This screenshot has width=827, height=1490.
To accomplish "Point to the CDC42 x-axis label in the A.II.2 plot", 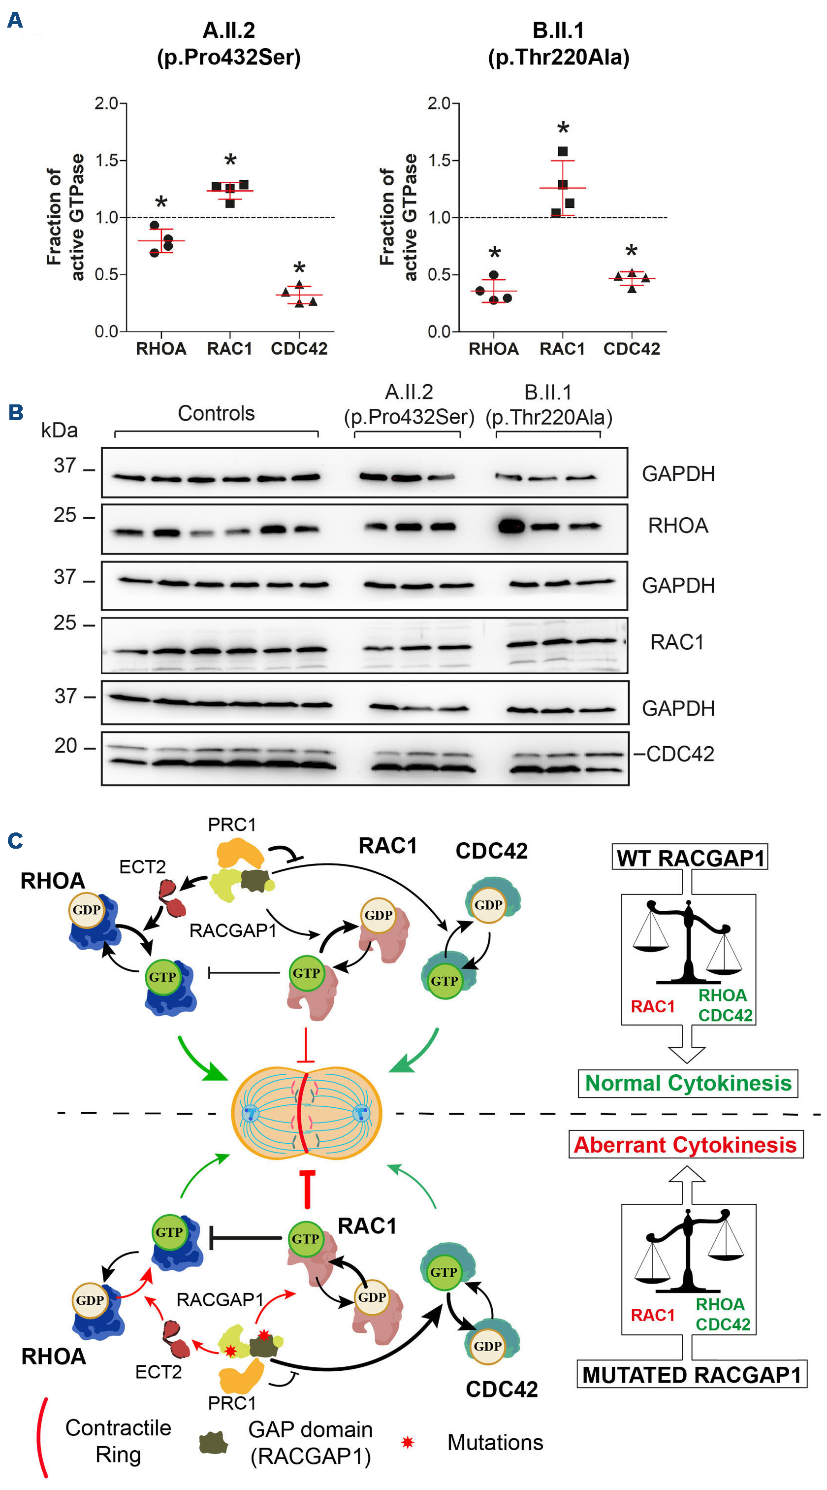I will tap(299, 349).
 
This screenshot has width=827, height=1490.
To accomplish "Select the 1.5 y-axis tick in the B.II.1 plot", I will tap(439, 160).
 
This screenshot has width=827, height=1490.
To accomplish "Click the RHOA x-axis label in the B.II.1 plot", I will tap(494, 349).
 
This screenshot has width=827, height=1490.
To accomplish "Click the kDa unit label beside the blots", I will tap(59, 430).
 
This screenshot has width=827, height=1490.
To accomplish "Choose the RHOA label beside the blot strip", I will tap(678, 525).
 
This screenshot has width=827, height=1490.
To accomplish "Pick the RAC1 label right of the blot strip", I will tap(677, 642).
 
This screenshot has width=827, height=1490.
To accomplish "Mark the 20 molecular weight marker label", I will tap(66, 746).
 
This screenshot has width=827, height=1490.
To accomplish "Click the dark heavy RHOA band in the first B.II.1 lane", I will tap(511, 527).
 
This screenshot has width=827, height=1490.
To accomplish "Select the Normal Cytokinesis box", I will tap(688, 1083).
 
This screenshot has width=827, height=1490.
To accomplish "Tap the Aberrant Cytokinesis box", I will tap(685, 1145).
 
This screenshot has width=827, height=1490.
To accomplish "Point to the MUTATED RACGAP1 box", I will tap(692, 1374).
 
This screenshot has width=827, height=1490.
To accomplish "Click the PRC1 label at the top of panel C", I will tap(232, 824).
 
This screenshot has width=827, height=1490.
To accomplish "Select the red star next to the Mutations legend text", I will tap(408, 1442).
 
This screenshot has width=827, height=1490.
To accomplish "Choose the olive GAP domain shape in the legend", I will tap(213, 1443).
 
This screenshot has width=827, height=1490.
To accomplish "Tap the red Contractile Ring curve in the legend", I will tap(42, 1440).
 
